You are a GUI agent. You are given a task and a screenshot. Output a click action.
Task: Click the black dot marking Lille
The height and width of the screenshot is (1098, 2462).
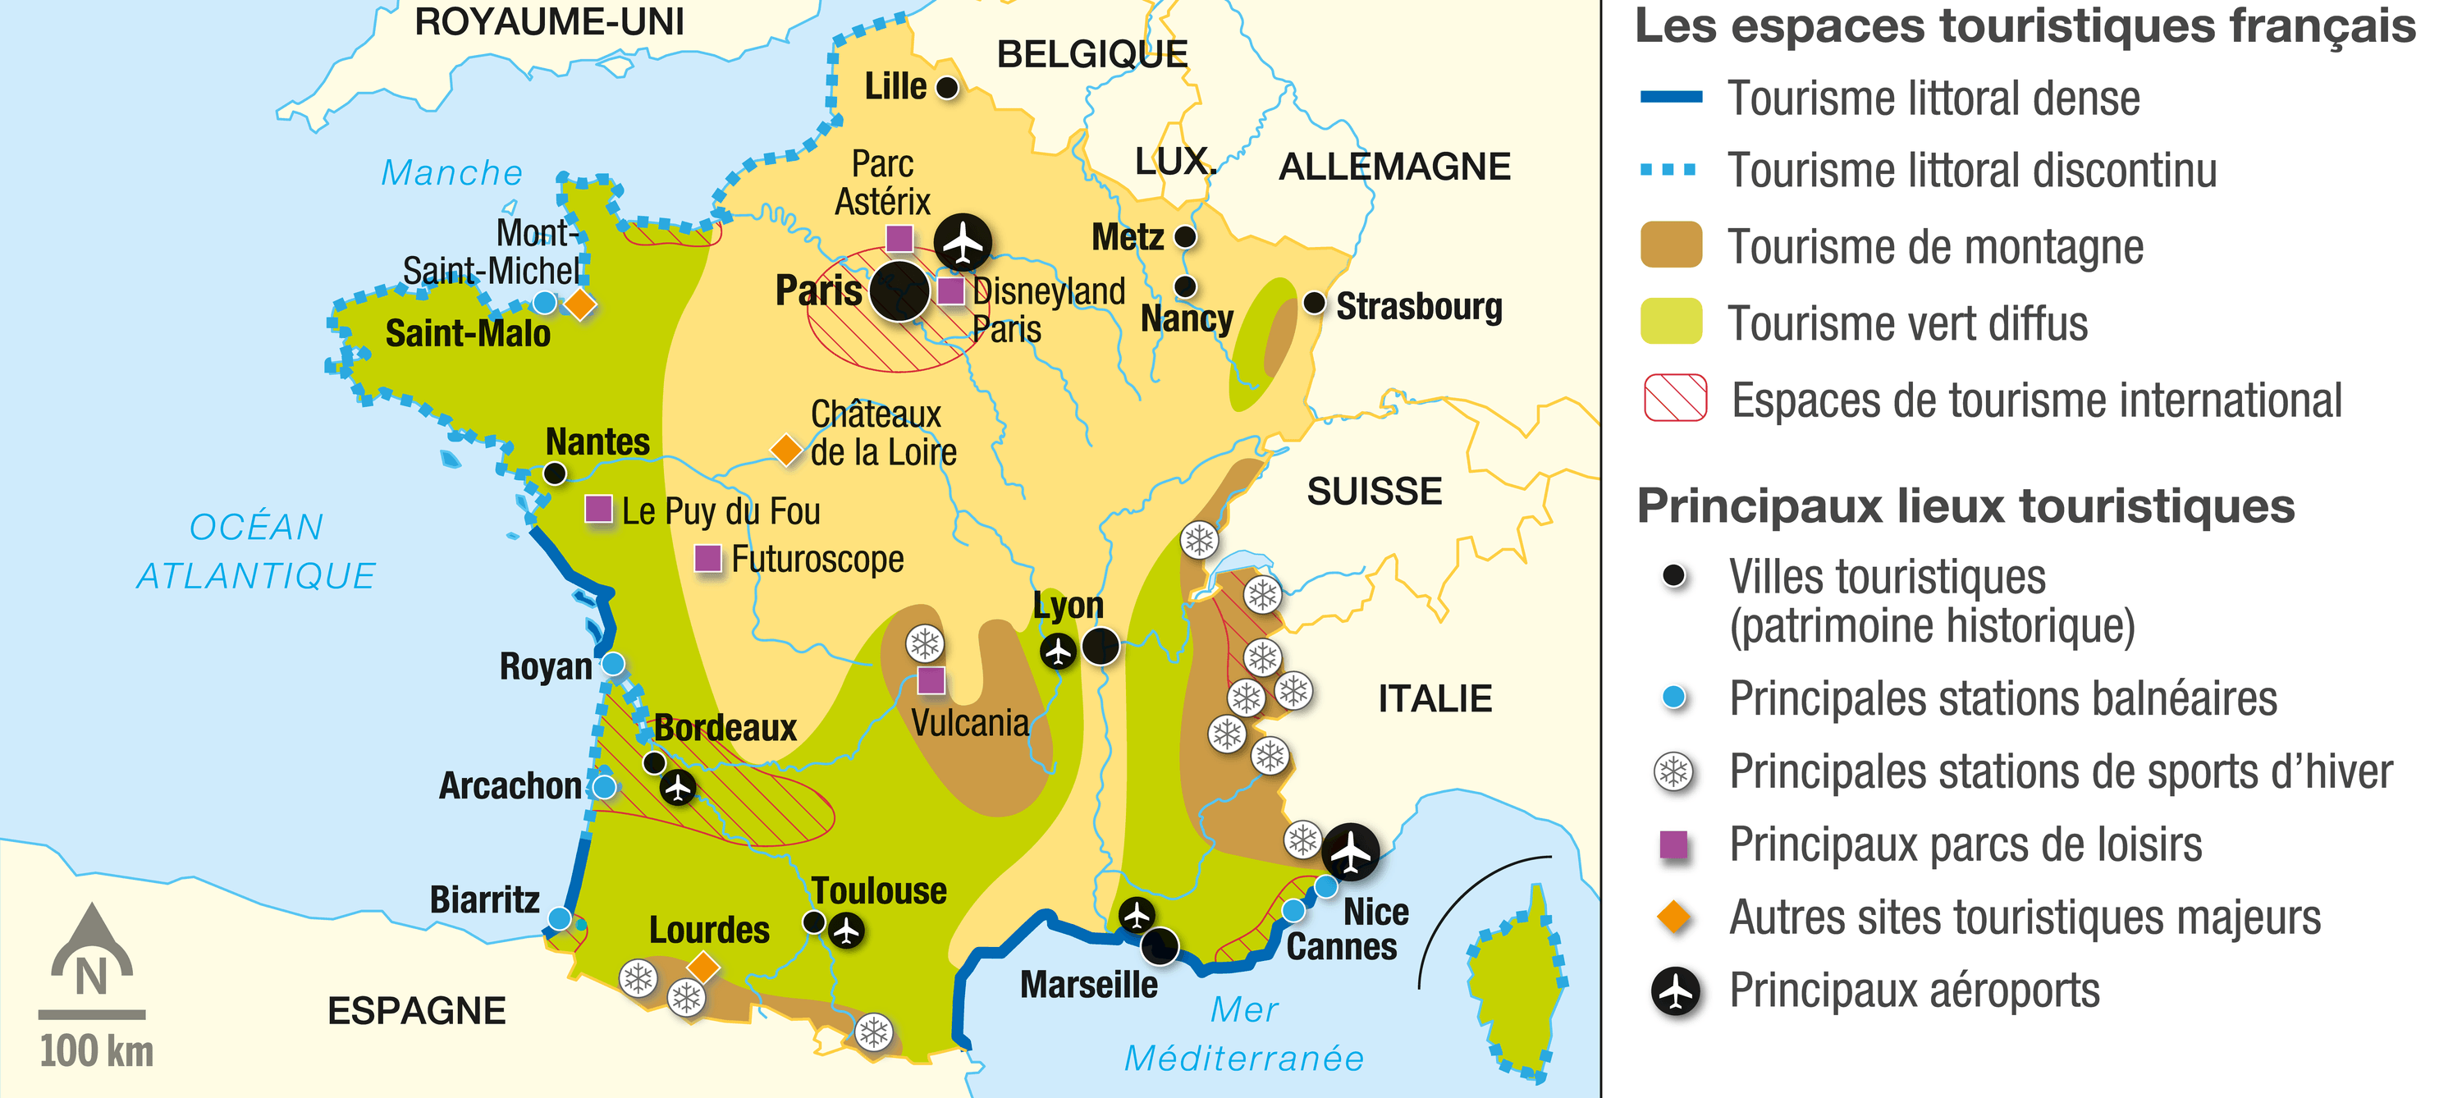tap(946, 88)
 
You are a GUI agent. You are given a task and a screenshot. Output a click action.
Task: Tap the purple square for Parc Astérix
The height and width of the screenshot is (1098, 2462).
tap(899, 237)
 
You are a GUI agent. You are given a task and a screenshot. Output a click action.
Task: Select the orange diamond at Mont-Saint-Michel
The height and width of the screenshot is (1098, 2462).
tap(580, 304)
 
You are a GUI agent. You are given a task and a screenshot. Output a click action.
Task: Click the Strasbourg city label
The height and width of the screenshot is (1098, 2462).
tap(1418, 307)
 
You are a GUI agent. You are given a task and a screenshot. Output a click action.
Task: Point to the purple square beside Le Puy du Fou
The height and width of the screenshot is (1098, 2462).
tap(598, 509)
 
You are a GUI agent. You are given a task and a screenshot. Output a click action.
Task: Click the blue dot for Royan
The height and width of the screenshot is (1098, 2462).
tap(613, 663)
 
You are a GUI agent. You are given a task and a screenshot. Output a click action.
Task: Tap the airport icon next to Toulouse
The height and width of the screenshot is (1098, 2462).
tap(846, 929)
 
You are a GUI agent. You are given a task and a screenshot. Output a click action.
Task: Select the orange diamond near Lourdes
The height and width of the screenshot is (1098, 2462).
tap(702, 966)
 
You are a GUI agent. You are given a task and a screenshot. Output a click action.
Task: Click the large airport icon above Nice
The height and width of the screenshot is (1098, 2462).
tap(1351, 850)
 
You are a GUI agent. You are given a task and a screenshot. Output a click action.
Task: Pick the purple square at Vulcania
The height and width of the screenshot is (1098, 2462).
tap(931, 680)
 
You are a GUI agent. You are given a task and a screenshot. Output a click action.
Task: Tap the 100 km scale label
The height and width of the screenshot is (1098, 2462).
tap(97, 1051)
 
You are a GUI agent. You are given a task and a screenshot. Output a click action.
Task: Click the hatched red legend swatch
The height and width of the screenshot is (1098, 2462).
tap(1674, 399)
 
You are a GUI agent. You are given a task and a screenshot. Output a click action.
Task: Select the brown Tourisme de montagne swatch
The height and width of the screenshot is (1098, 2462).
tap(1671, 245)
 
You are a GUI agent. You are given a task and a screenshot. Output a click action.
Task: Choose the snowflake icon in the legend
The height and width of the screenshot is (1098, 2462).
tap(1673, 771)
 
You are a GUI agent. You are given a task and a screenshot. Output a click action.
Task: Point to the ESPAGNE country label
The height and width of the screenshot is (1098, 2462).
tap(416, 1011)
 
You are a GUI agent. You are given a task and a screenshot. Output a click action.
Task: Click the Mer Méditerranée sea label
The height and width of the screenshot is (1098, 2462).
tap(1243, 1034)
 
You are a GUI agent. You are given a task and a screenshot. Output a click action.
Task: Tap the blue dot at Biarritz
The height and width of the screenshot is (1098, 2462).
tap(559, 918)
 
